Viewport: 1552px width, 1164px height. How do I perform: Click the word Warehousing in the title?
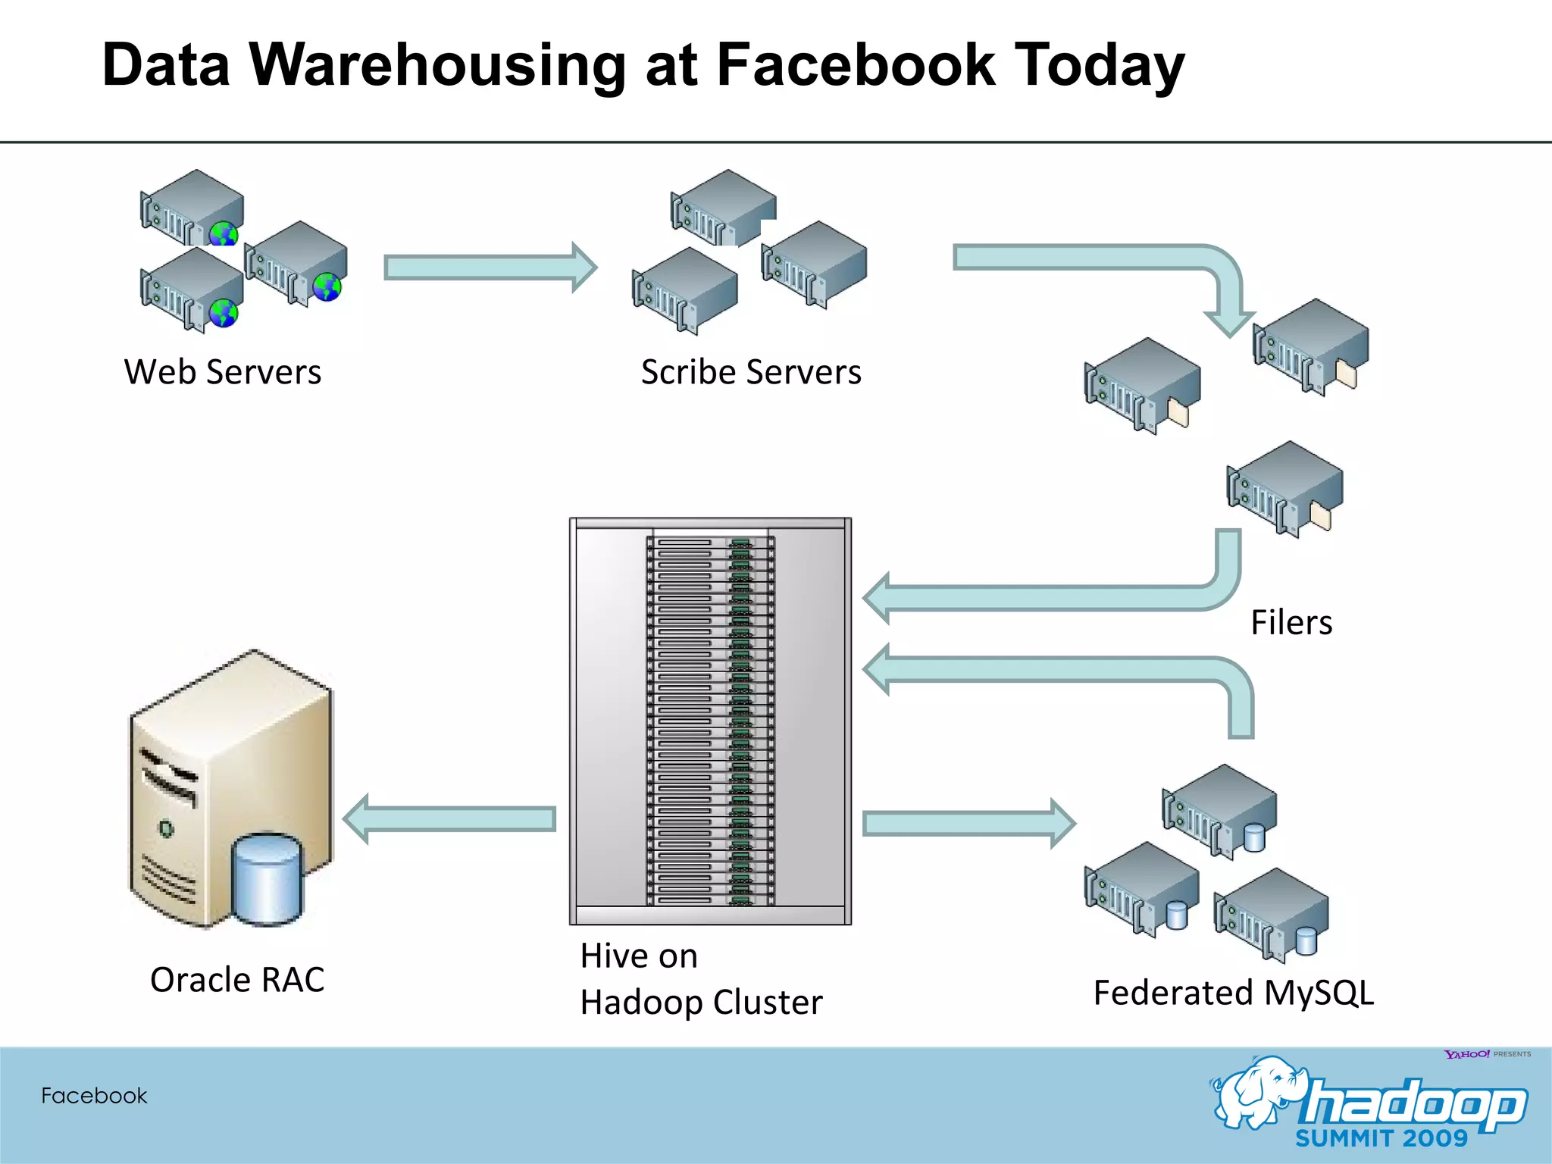(437, 66)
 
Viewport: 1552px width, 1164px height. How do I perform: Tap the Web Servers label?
(222, 372)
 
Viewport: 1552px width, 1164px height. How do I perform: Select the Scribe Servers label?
(750, 372)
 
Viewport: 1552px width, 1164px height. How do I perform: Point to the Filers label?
(1291, 623)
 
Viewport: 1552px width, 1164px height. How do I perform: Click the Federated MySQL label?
(1233, 993)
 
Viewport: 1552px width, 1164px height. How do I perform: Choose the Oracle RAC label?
(236, 980)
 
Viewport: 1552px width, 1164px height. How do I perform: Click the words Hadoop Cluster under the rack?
(701, 1003)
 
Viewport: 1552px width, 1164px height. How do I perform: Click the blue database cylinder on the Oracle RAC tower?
(268, 879)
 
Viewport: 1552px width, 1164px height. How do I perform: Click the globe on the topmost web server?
(224, 234)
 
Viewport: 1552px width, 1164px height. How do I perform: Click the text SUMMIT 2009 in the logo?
(1381, 1138)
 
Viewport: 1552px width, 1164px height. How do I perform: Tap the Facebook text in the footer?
(94, 1096)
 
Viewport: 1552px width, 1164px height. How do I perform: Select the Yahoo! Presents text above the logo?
(1487, 1054)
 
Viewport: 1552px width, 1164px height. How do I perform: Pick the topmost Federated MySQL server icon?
(1219, 809)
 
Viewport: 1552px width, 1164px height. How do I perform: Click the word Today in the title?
(1098, 66)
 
